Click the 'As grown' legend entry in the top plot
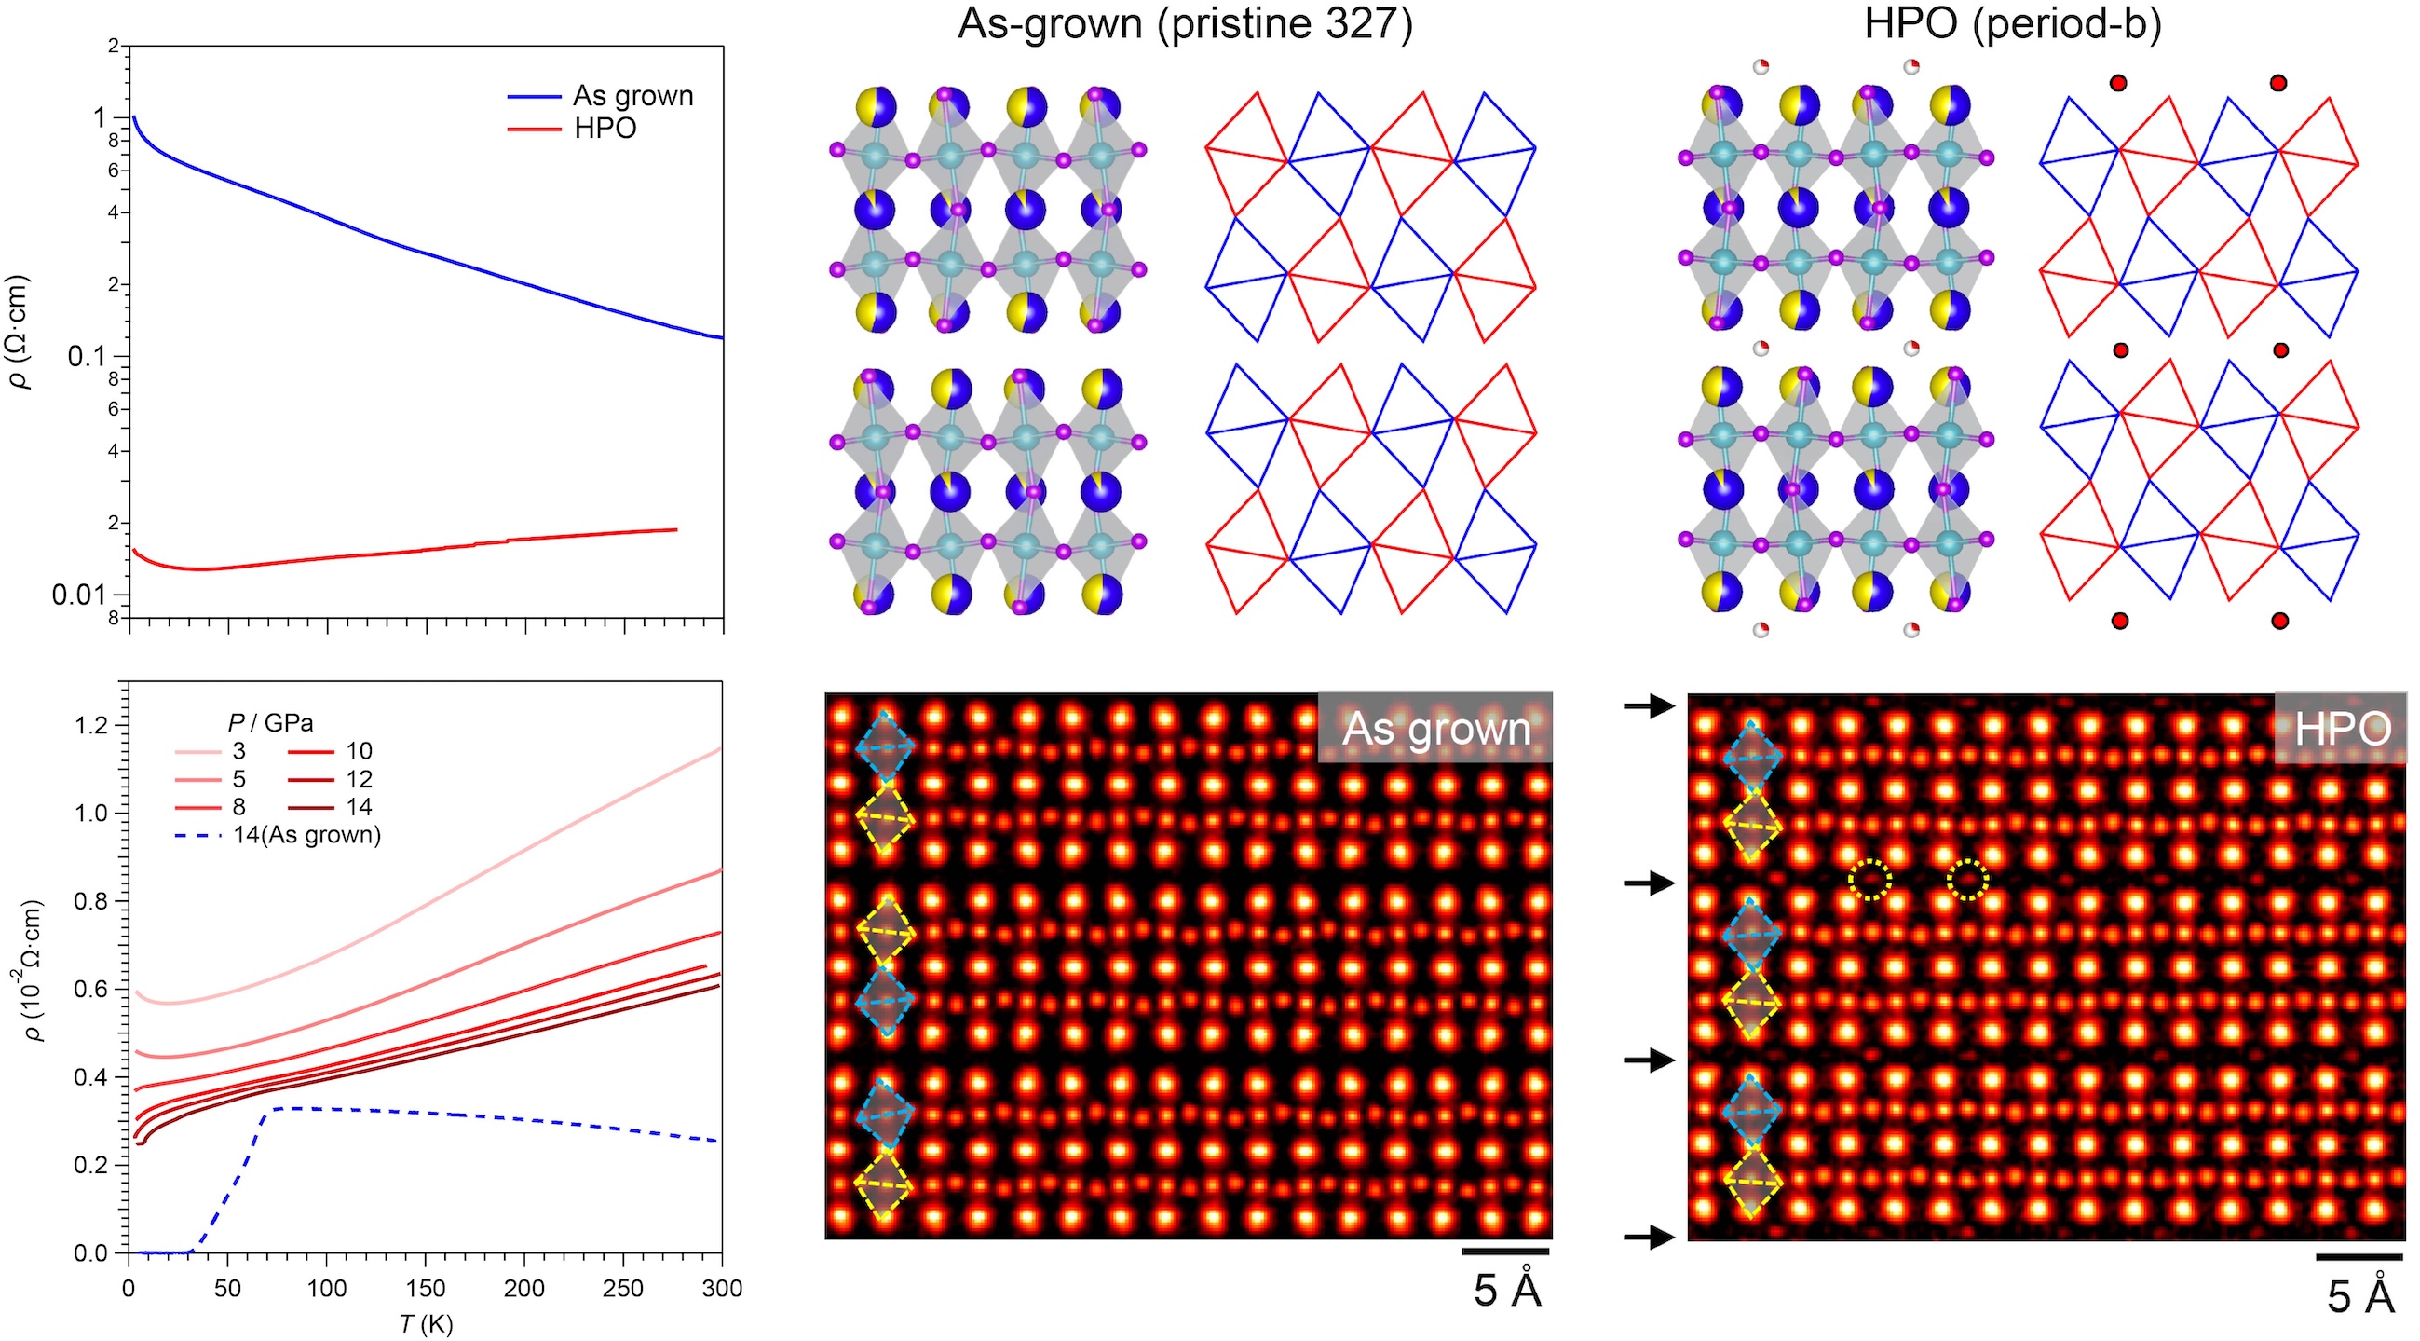click(632, 96)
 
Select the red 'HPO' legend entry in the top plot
click(605, 128)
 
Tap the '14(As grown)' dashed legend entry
click(306, 834)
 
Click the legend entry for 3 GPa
click(238, 751)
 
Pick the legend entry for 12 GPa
click(358, 779)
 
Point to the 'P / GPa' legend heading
click(269, 721)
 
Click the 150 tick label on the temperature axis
click(426, 1288)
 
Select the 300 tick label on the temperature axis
click(722, 1288)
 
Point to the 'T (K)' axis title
click(426, 1324)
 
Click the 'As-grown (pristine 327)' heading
click(1185, 24)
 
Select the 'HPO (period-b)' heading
click(2012, 24)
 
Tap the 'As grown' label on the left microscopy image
click(1435, 730)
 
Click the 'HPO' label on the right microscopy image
click(2343, 730)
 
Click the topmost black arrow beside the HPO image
click(1649, 705)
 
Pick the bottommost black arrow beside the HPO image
click(1649, 1238)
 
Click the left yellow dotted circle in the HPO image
click(1869, 880)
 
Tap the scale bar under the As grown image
click(1506, 1251)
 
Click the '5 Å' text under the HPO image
click(2359, 1299)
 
